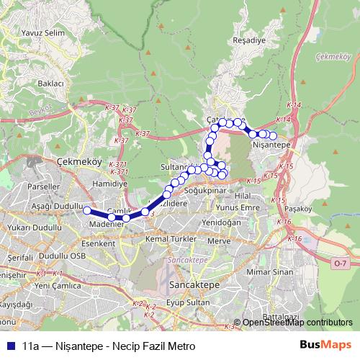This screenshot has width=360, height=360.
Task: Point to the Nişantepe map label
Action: (272, 145)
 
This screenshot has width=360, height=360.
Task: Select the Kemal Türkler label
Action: (171, 238)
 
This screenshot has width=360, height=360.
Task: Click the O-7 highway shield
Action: (339, 264)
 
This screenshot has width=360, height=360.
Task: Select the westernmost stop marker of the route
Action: (87, 210)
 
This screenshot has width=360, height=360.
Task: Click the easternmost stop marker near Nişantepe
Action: (273, 135)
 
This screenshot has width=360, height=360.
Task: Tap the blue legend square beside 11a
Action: (9, 346)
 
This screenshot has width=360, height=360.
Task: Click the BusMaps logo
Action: (325, 345)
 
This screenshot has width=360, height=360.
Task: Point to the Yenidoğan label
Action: (221, 222)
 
